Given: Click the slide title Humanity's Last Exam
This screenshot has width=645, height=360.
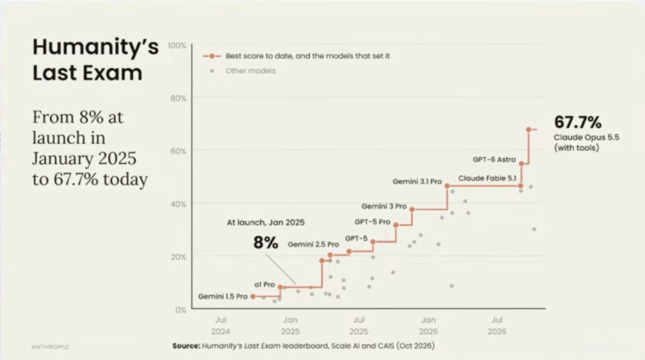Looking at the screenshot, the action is click(96, 59).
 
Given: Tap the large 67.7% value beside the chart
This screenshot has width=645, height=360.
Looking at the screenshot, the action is click(578, 122).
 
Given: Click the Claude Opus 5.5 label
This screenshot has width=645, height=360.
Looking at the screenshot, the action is click(586, 137).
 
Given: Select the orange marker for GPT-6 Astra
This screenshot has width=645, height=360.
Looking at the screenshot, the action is click(521, 164).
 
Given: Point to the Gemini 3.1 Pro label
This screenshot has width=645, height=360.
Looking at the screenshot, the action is click(417, 181).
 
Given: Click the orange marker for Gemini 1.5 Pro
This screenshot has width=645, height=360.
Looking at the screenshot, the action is click(253, 296).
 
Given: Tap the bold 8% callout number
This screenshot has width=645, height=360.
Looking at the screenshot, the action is click(266, 242).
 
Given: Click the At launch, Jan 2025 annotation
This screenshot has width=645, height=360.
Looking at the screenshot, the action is click(266, 223).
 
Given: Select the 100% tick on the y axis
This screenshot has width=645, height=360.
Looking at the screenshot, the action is click(177, 45).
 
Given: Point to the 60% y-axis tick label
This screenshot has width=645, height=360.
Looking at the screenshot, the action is click(178, 151).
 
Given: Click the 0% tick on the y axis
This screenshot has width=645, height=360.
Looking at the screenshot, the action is click(180, 310).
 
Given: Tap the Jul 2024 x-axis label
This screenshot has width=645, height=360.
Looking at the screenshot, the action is click(221, 325).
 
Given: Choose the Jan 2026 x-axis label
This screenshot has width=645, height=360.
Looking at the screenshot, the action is click(428, 325).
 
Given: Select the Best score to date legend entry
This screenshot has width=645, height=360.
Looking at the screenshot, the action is click(296, 56).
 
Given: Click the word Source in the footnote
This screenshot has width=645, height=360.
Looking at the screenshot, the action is click(186, 346).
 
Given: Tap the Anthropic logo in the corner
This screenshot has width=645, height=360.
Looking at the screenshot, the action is click(50, 347).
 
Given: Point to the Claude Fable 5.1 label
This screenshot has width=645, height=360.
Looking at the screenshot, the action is click(487, 178).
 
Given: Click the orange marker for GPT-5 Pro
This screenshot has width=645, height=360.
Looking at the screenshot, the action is click(396, 225).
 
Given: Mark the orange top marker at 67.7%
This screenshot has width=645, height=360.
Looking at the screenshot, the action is click(529, 130).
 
